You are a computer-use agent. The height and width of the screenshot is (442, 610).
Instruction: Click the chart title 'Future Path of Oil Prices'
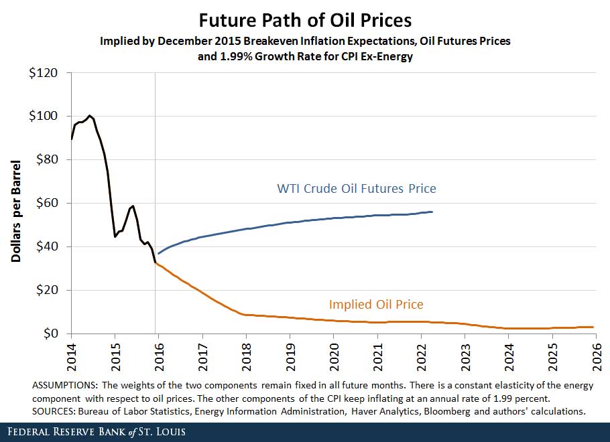(305, 19)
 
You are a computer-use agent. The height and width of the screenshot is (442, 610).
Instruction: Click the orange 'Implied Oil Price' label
(376, 305)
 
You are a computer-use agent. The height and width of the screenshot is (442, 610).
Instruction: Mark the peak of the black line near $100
(90, 115)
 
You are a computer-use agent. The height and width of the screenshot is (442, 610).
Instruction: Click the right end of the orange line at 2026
(593, 327)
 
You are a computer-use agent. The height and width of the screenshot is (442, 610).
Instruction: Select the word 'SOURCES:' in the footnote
(54, 412)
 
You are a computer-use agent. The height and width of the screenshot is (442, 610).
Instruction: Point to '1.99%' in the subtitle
(231, 57)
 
